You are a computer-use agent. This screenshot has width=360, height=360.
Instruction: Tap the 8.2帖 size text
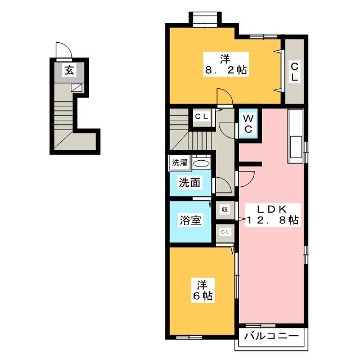click(x=226, y=71)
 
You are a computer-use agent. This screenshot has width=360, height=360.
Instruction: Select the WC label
click(x=249, y=123)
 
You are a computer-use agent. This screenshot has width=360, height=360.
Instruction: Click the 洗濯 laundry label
click(x=180, y=163)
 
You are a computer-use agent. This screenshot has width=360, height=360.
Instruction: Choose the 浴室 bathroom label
click(x=190, y=220)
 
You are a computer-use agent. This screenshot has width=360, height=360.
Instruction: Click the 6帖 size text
click(x=201, y=296)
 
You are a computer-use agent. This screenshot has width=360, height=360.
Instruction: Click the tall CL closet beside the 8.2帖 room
click(x=294, y=71)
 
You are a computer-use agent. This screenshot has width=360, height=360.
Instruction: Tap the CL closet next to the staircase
click(x=201, y=116)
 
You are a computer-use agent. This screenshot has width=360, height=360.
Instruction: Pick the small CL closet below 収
click(x=224, y=231)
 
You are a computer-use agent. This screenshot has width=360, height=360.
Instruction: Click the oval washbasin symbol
click(x=200, y=164)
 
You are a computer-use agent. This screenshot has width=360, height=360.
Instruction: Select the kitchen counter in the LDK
click(x=295, y=135)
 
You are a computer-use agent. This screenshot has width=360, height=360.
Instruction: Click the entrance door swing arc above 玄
click(x=64, y=50)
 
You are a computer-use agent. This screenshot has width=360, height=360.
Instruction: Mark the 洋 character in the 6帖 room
click(x=201, y=283)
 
